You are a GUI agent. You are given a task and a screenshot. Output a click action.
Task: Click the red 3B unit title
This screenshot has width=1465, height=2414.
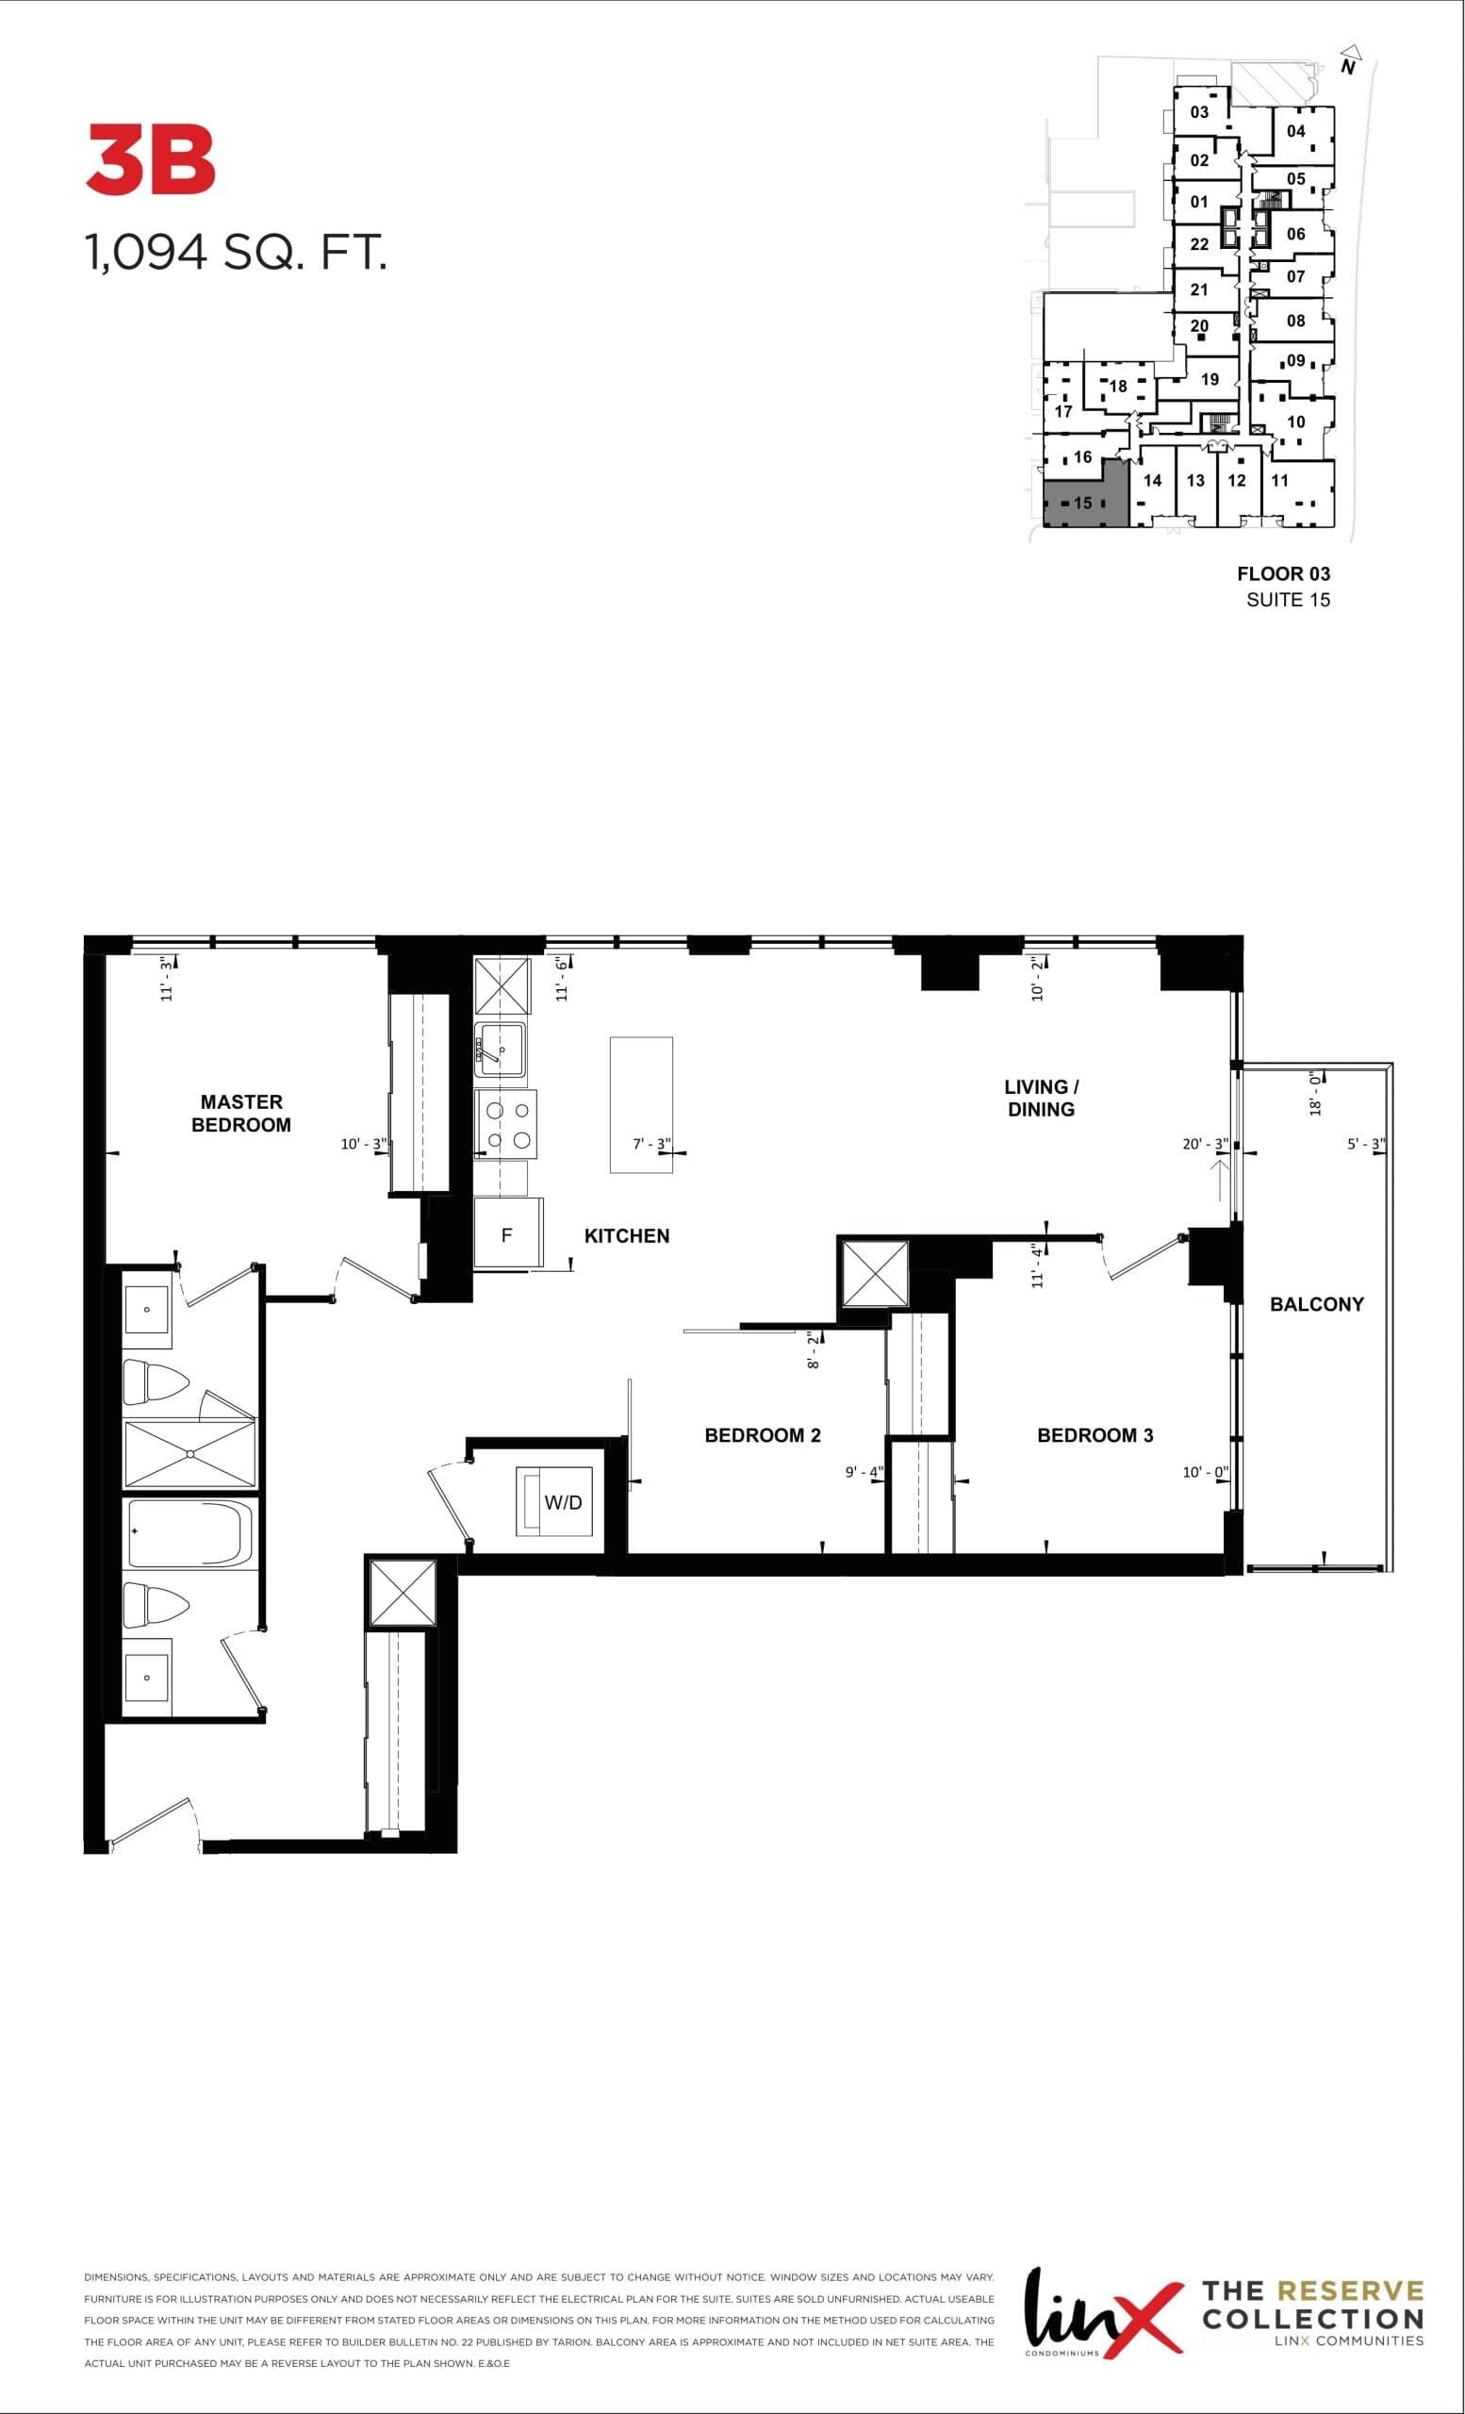coord(151,159)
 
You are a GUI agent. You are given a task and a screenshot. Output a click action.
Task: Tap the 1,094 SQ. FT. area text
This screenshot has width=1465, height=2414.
coord(236,253)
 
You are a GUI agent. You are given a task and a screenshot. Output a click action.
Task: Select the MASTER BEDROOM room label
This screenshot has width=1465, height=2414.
coord(241,1113)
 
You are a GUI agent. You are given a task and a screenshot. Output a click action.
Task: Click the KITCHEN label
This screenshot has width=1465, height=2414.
coord(627,1235)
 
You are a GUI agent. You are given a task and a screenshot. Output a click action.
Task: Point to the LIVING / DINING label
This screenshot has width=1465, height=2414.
coord(1041,1098)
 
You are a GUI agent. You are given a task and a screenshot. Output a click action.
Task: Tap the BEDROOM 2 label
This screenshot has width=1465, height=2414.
coord(762,1435)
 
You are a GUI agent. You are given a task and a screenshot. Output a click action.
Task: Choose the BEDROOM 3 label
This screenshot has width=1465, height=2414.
coord(1095,1435)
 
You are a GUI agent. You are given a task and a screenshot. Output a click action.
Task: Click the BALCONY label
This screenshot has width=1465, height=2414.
coord(1316,1304)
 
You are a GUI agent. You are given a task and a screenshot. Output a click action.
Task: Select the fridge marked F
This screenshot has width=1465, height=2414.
coord(507,1234)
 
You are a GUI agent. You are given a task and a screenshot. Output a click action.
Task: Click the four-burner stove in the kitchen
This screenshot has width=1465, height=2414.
coord(506,1125)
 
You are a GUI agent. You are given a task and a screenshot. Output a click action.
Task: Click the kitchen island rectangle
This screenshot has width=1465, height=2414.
coord(640,1104)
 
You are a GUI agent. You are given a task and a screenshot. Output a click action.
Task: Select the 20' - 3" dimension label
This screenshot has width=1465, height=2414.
coord(1205,1143)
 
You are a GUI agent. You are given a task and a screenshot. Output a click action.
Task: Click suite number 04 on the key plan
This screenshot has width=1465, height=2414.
coord(1295,131)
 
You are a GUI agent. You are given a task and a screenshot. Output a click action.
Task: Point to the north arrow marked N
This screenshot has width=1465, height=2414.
coord(1349,61)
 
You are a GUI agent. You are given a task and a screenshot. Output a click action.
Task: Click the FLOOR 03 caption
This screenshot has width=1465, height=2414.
coord(1283,574)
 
